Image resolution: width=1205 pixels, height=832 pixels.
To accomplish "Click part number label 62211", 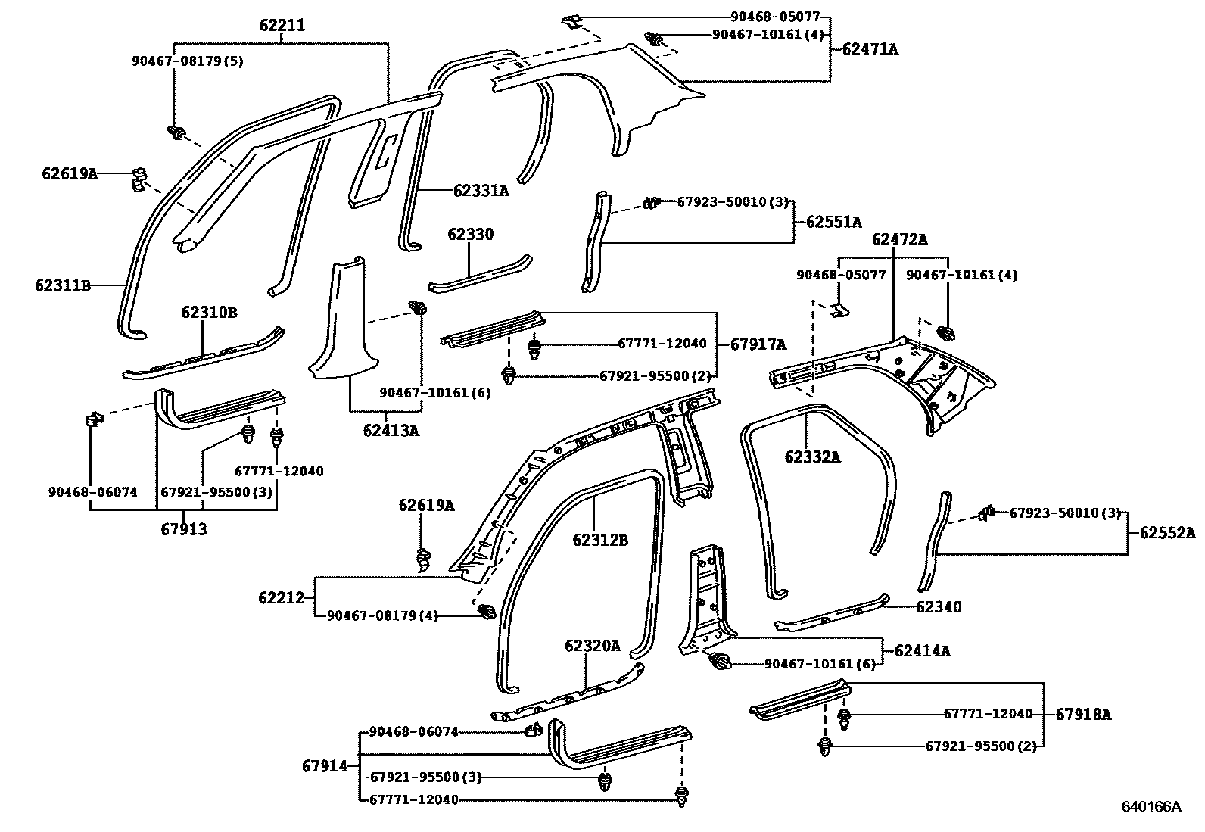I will click(x=282, y=26).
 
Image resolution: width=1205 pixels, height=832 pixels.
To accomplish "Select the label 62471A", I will click(x=870, y=49).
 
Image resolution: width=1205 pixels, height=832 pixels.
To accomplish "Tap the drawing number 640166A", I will click(x=1151, y=806).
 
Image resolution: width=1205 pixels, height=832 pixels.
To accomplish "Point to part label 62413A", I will click(x=391, y=431).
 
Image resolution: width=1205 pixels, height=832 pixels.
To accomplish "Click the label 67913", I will click(x=183, y=529).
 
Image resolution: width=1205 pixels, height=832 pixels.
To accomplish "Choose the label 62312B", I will click(x=600, y=540).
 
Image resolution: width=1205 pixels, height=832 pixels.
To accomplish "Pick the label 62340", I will click(x=939, y=607).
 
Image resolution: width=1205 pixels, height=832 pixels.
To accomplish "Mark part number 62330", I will click(x=470, y=235).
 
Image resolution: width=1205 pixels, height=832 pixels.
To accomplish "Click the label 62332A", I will click(x=812, y=457).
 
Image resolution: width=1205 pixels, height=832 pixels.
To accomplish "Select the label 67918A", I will click(x=1084, y=714).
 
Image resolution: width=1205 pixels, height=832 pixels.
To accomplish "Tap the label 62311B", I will click(x=62, y=285).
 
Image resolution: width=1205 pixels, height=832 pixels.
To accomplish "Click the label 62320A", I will click(x=592, y=646).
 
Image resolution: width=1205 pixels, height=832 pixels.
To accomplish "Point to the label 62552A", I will click(x=1167, y=533).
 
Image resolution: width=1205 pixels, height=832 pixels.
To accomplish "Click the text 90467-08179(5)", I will click(x=188, y=61).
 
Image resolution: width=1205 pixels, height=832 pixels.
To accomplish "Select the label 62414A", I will click(x=922, y=650).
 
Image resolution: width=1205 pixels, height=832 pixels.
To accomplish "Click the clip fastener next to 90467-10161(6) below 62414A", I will click(x=721, y=663).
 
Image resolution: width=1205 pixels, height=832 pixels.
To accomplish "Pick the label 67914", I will click(x=324, y=765).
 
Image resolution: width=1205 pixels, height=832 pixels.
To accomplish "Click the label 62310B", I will click(x=209, y=313).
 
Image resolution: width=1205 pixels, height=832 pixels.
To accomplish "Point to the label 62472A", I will click(x=899, y=240).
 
